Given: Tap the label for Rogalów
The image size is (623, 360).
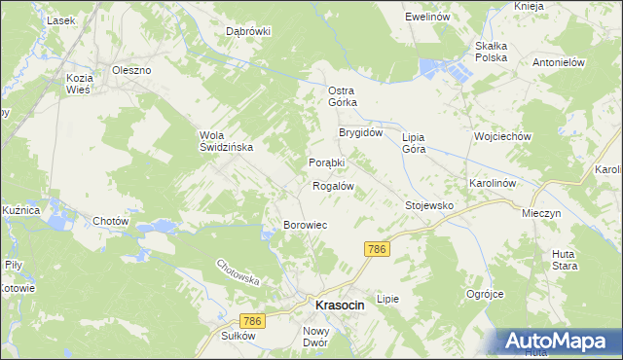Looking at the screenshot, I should click(332, 185).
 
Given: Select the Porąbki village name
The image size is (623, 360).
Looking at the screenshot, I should click(327, 162).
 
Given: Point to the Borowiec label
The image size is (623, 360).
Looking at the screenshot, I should click(305, 225).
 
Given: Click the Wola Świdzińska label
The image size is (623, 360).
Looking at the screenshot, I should click(226, 141).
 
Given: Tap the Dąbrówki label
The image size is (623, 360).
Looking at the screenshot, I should click(248, 31).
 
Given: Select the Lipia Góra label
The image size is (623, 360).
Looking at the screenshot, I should click(421, 143).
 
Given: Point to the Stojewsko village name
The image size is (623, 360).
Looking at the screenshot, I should click(429, 206).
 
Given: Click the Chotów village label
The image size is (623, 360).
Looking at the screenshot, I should click(111, 221).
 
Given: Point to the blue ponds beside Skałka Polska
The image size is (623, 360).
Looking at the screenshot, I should click(442, 68).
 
